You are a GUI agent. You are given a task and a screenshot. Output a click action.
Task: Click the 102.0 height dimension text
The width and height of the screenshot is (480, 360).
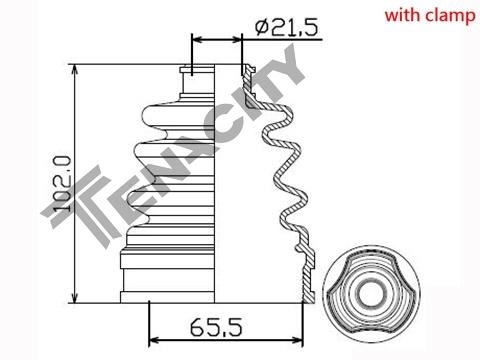(62, 184)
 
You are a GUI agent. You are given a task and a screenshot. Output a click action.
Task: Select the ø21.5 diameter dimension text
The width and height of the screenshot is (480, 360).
(287, 27)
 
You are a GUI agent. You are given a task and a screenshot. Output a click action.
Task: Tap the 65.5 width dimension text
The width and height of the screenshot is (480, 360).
(216, 327)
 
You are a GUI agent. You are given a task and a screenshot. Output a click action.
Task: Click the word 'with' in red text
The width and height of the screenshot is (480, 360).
(402, 15)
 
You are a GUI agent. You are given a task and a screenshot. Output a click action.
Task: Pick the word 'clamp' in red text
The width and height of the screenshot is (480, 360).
(450, 17)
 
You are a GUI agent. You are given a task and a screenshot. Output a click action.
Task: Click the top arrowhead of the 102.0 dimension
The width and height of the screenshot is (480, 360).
(75, 69)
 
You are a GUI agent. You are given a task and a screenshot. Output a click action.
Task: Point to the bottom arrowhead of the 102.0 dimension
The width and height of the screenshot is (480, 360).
(75, 298)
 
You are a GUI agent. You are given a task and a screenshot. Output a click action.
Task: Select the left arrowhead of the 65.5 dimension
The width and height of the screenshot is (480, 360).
(155, 340)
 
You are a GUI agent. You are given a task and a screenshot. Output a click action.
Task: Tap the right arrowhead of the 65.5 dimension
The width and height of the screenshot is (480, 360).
(297, 340)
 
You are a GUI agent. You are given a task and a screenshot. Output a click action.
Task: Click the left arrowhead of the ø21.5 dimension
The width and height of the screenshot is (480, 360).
(198, 40)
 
